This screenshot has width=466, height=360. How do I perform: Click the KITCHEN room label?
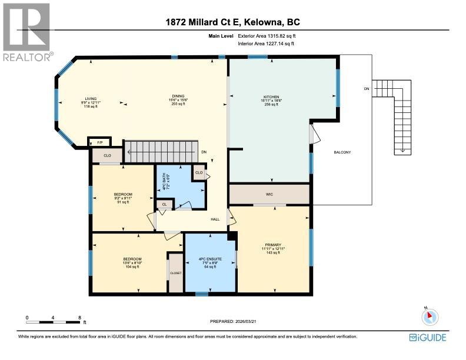coord(271,97)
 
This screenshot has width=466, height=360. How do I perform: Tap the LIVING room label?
coord(90,99)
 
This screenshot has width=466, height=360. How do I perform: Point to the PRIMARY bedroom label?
coord(272,245)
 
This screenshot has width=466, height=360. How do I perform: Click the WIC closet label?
coord(269,194)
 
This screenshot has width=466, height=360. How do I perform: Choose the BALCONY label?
coord(342,153)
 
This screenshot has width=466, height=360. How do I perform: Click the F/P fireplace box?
coord(98,142)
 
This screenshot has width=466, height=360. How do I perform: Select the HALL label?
coord(215,219)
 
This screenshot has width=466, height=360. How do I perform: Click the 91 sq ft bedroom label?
coord(122,194)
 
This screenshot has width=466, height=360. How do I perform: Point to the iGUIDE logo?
coord(427,337)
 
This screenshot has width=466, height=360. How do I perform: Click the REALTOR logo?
coord(26,32)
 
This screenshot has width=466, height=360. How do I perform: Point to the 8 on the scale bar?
coord(79,317)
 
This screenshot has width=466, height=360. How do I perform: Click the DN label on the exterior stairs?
coord(366,89)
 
